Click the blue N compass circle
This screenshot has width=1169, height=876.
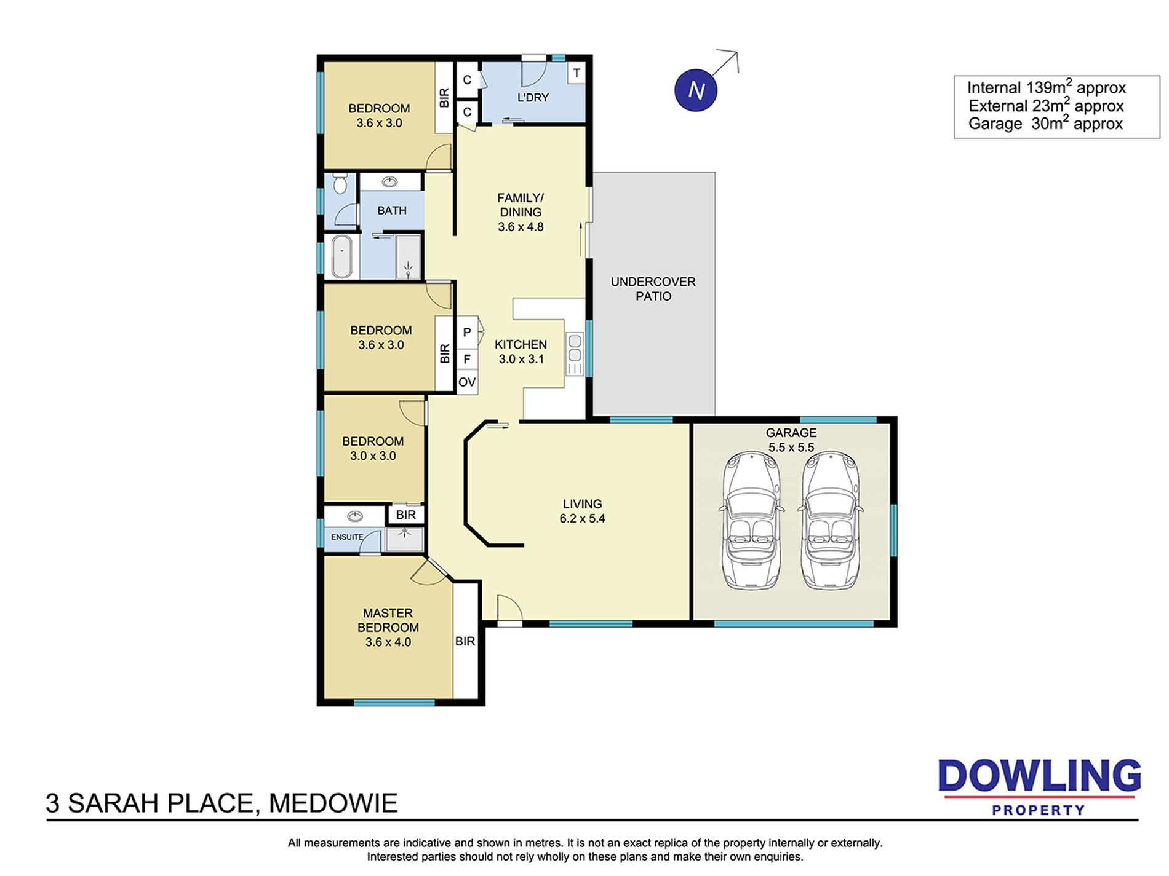pos(696,90)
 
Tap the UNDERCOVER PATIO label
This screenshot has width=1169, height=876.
pos(653,289)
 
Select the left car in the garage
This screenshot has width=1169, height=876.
pos(751,521)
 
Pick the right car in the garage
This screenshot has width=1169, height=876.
pos(830,521)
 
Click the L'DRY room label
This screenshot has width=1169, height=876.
pos(533,97)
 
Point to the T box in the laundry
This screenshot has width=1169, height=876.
pos(577,73)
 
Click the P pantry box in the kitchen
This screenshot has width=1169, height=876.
pos(467,333)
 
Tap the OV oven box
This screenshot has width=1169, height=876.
pos(467,382)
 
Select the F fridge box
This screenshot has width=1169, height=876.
pos(467,359)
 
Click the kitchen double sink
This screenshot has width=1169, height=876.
pos(575,348)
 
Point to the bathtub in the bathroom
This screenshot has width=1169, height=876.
pos(342,256)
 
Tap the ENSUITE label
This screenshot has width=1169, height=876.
pos(347,537)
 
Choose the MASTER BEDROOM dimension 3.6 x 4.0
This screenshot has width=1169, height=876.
pos(388,642)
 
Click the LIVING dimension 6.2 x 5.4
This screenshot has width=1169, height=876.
pos(582,518)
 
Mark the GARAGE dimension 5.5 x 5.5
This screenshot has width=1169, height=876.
pos(791,448)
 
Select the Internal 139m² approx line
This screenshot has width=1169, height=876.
pos(1047,87)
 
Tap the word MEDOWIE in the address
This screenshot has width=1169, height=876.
pos(333,803)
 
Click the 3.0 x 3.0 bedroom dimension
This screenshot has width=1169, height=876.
pos(373,456)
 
